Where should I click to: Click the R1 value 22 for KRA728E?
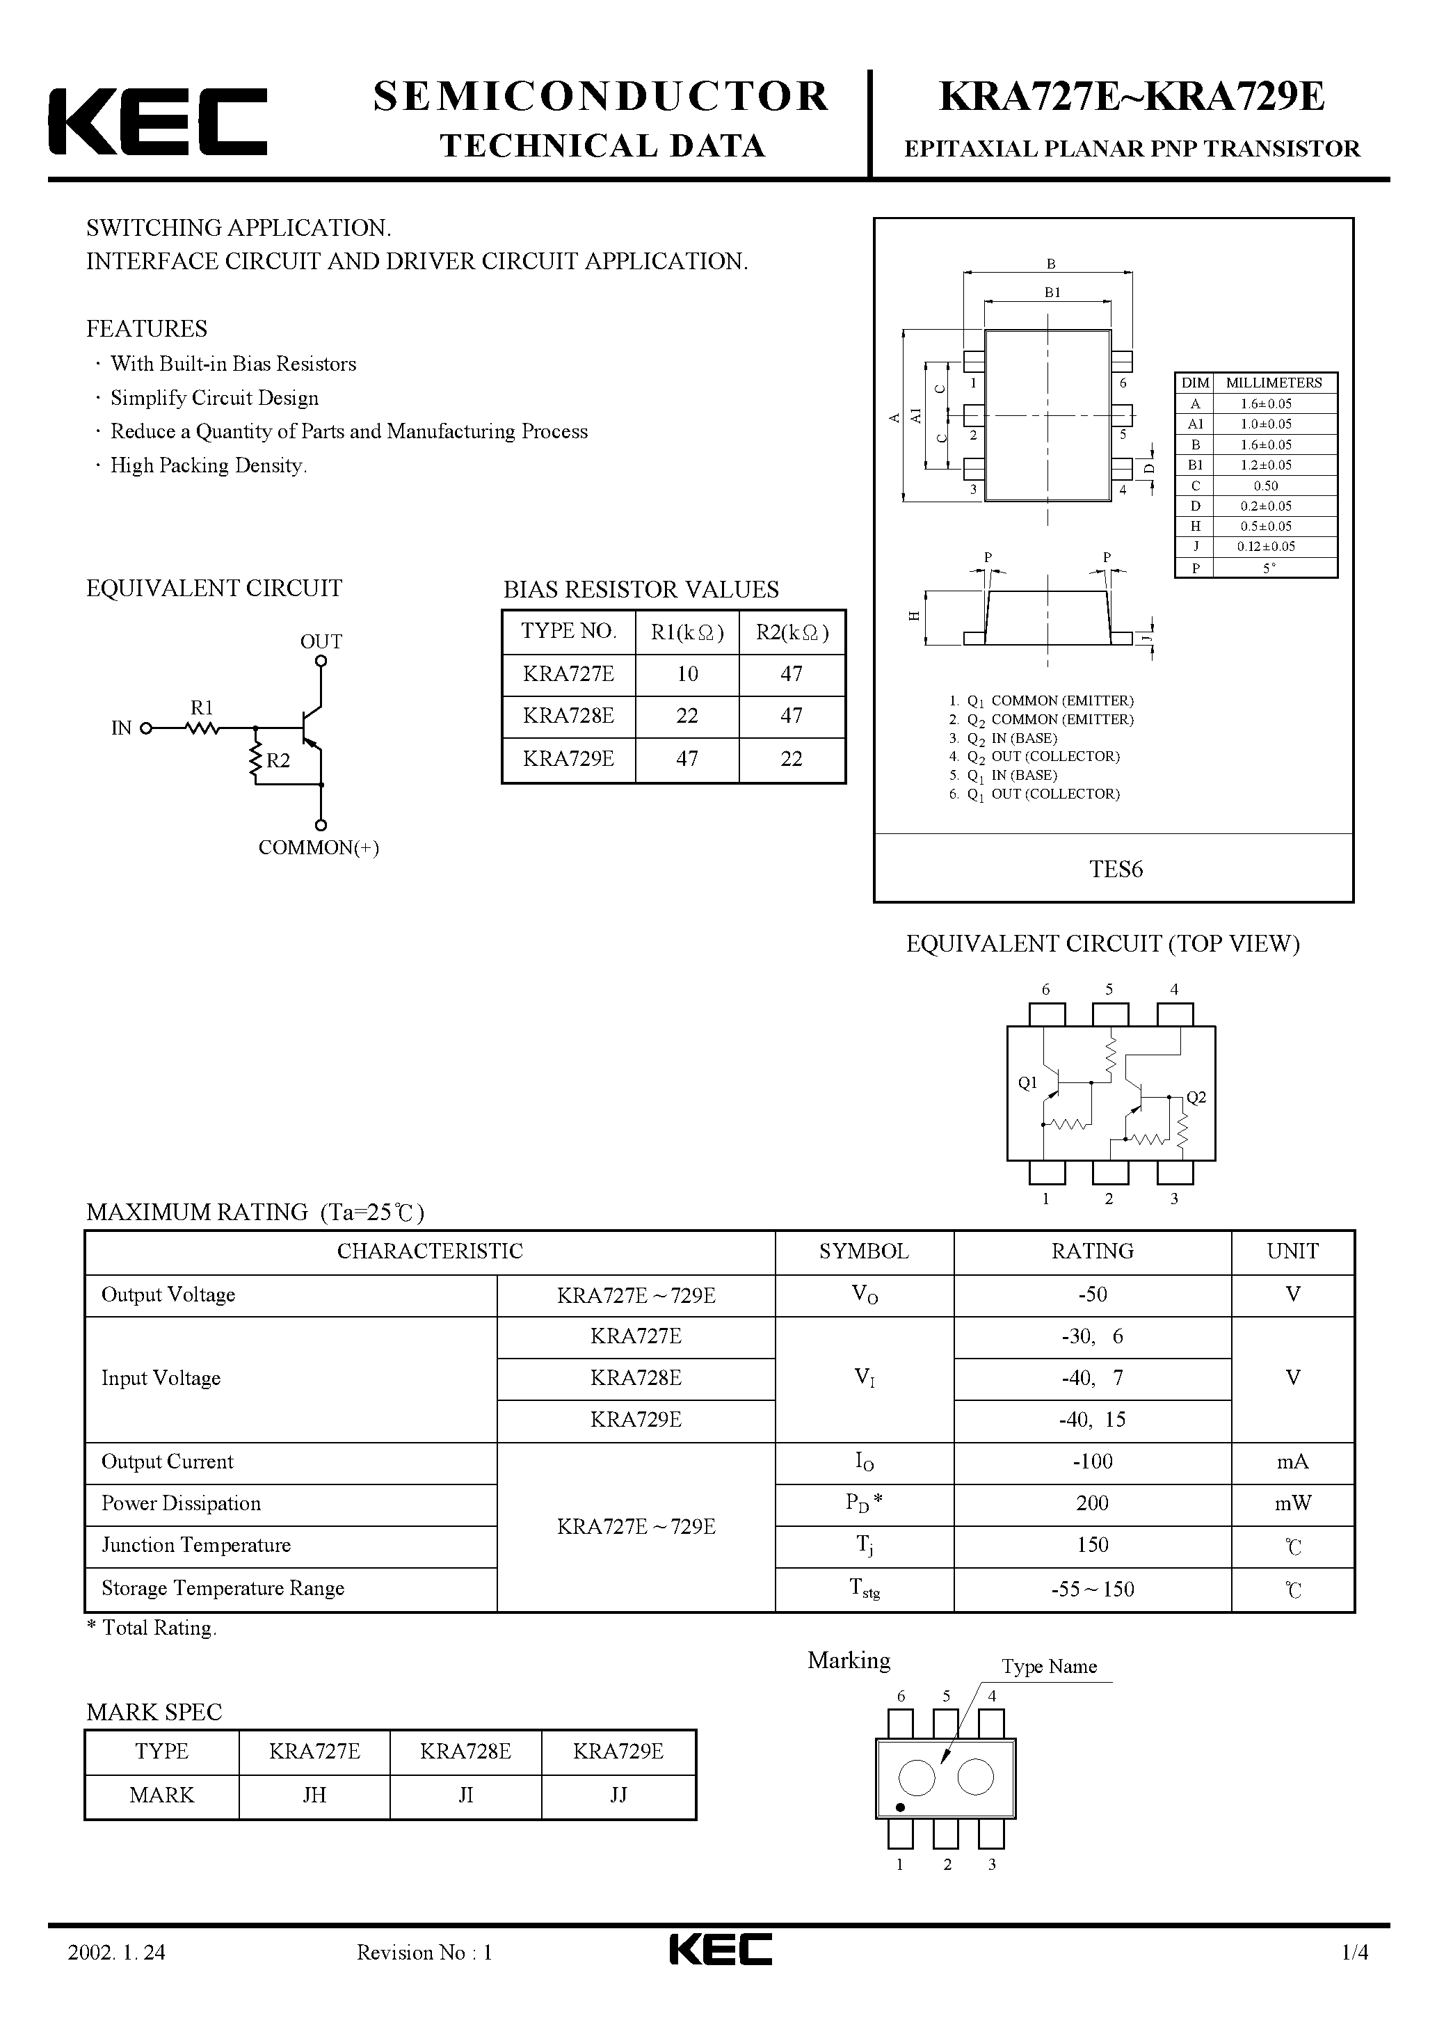tap(687, 716)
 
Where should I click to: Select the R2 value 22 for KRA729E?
tap(791, 759)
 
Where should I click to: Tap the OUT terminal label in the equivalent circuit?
tap(321, 641)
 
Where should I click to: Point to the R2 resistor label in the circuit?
tap(278, 761)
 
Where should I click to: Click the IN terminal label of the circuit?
tap(122, 728)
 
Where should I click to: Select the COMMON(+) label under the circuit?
tap(319, 848)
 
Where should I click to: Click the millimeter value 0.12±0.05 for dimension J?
tap(1266, 547)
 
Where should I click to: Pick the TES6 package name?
tap(1116, 869)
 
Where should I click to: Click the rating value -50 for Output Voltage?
tap(1093, 1295)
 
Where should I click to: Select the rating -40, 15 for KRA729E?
tap(1093, 1419)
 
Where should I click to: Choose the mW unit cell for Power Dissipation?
tap(1292, 1503)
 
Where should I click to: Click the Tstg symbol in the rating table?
tap(865, 1588)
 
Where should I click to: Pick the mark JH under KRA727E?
tap(314, 1795)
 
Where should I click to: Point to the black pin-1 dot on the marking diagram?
tap(900, 1807)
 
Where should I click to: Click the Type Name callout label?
tap(1049, 1666)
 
